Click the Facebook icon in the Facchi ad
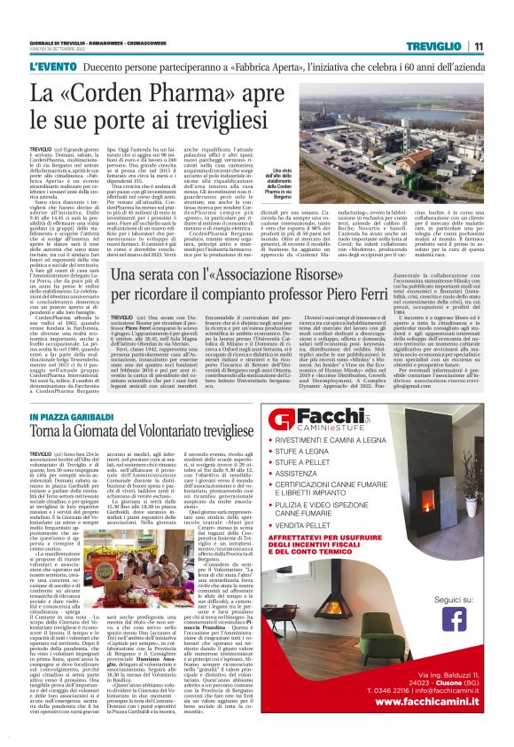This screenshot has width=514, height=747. [454, 617]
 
